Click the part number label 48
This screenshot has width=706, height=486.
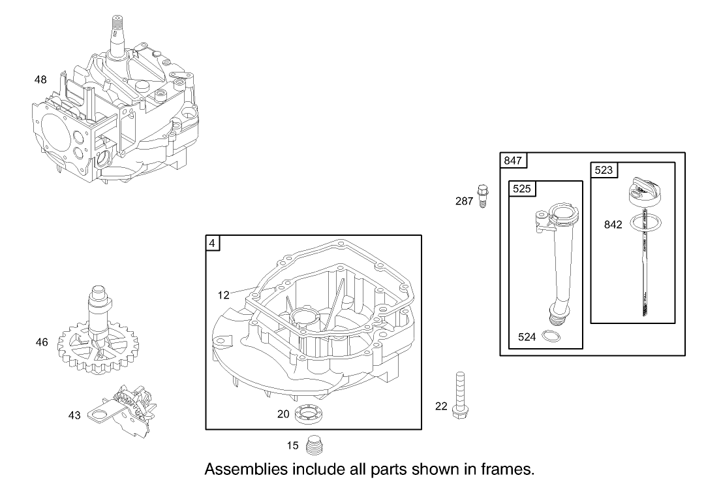(40, 80)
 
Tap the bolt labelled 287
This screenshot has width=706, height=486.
(482, 195)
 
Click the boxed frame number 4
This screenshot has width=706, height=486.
(213, 243)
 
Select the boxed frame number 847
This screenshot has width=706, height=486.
(514, 160)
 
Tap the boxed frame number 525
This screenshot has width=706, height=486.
(521, 189)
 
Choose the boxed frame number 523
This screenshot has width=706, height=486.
(604, 169)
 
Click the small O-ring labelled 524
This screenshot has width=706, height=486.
(551, 337)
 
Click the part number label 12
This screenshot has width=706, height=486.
(224, 295)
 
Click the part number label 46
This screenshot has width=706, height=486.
(42, 342)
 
